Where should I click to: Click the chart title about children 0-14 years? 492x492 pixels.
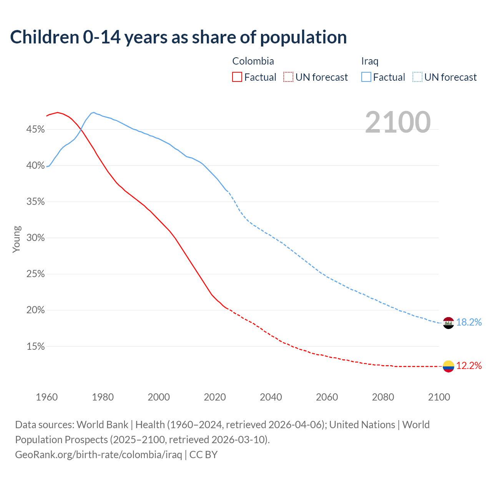coord(178,37)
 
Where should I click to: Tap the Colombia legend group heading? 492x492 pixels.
coord(253,61)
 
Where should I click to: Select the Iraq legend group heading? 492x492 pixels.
coord(370,61)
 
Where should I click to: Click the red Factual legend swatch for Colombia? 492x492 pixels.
coord(237,77)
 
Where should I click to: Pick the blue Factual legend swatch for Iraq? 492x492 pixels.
coord(366,77)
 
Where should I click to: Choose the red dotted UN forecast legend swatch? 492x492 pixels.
coord(288,77)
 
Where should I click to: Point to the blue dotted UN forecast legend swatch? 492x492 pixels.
coord(417,77)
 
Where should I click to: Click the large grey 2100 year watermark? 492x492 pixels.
coord(397,122)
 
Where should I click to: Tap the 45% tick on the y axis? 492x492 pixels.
coord(35,130)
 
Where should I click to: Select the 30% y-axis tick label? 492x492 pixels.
coord(35,238)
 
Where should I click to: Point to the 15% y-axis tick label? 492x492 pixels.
coord(35,347)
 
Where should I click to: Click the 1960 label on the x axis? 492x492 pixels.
coord(47,397)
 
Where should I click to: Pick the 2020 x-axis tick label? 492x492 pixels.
coord(215,397)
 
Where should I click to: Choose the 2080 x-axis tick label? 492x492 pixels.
coord(383,397)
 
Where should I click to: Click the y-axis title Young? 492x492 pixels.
coord(17,239)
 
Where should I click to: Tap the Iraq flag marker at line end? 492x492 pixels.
coord(448,323)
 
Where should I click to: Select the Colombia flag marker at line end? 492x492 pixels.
coord(448,366)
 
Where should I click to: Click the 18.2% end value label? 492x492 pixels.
coord(469,322)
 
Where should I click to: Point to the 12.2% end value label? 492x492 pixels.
coord(469,366)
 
